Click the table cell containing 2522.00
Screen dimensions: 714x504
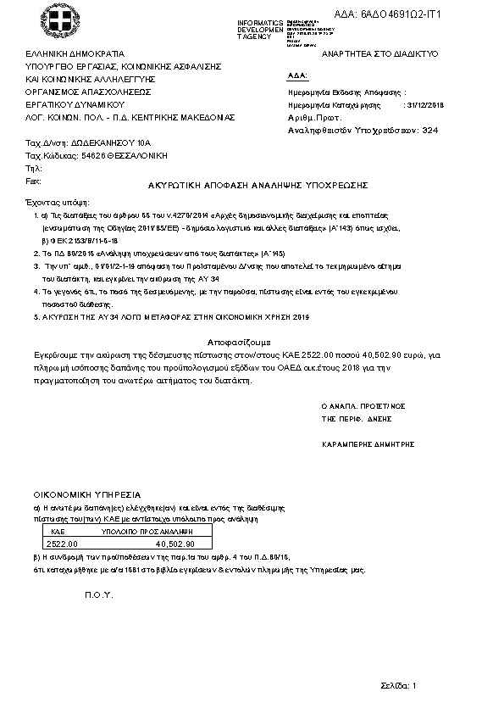click(x=62, y=544)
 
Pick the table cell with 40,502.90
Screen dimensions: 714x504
click(x=176, y=544)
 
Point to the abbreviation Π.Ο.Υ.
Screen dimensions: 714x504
click(x=98, y=595)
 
